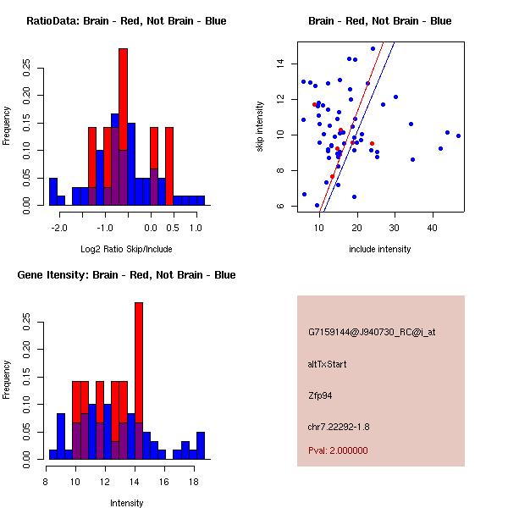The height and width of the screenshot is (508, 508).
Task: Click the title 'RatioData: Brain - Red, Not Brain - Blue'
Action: pos(126,21)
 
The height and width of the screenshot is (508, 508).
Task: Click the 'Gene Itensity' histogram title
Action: pos(126,275)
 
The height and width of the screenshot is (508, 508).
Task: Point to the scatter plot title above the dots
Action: pos(379,21)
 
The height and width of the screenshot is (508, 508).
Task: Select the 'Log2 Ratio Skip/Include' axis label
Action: pos(125,249)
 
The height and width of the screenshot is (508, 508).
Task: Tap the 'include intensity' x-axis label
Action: pos(379,249)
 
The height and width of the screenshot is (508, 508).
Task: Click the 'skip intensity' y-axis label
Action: pos(259,127)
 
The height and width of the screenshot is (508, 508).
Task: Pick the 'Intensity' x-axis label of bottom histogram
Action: pos(126,503)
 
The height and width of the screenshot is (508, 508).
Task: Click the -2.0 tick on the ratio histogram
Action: pos(59,227)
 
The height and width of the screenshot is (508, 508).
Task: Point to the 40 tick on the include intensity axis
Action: pos(433,227)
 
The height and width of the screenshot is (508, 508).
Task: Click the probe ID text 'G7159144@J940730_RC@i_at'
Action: pos(372,333)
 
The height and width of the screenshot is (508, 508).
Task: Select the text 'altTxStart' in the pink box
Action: pos(328,364)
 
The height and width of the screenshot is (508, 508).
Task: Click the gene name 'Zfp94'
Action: pos(321,395)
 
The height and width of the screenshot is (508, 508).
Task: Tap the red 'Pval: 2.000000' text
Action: pos(340,451)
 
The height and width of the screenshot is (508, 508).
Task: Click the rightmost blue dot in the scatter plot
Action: pos(458,135)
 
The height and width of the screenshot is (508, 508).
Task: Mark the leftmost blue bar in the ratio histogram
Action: pos(53,191)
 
